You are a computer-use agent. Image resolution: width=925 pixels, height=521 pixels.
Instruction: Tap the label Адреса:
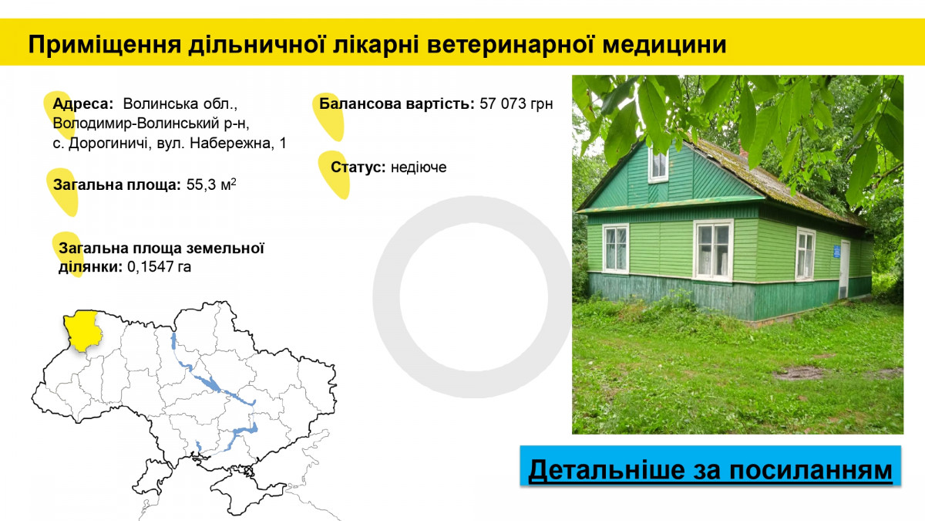click(x=83, y=104)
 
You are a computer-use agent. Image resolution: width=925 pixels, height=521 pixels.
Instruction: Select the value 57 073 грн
click(x=516, y=103)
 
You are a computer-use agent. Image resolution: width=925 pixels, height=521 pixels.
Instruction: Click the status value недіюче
click(x=419, y=167)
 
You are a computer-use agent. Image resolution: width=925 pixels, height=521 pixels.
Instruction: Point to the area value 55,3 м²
click(x=211, y=184)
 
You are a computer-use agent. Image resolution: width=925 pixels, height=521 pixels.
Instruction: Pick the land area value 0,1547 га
click(x=159, y=267)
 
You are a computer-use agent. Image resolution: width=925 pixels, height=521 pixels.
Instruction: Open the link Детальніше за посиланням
click(x=710, y=470)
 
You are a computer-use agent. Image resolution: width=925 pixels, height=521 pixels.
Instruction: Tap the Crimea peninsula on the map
click(x=244, y=492)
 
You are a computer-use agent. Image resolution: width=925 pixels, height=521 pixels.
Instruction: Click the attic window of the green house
click(x=658, y=165)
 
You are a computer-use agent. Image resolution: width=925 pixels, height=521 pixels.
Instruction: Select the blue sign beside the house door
click(x=836, y=252)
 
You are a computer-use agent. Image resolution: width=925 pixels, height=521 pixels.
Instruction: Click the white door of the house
click(x=845, y=269)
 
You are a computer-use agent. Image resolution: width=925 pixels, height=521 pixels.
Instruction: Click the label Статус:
click(x=358, y=167)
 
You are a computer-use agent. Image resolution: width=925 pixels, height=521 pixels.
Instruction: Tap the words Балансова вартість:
click(x=397, y=103)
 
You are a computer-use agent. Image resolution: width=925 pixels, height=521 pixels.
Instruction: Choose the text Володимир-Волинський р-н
click(x=151, y=123)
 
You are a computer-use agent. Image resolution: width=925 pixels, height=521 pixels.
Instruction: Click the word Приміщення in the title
click(x=105, y=45)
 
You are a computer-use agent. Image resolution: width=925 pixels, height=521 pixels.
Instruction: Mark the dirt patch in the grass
click(x=799, y=374)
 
